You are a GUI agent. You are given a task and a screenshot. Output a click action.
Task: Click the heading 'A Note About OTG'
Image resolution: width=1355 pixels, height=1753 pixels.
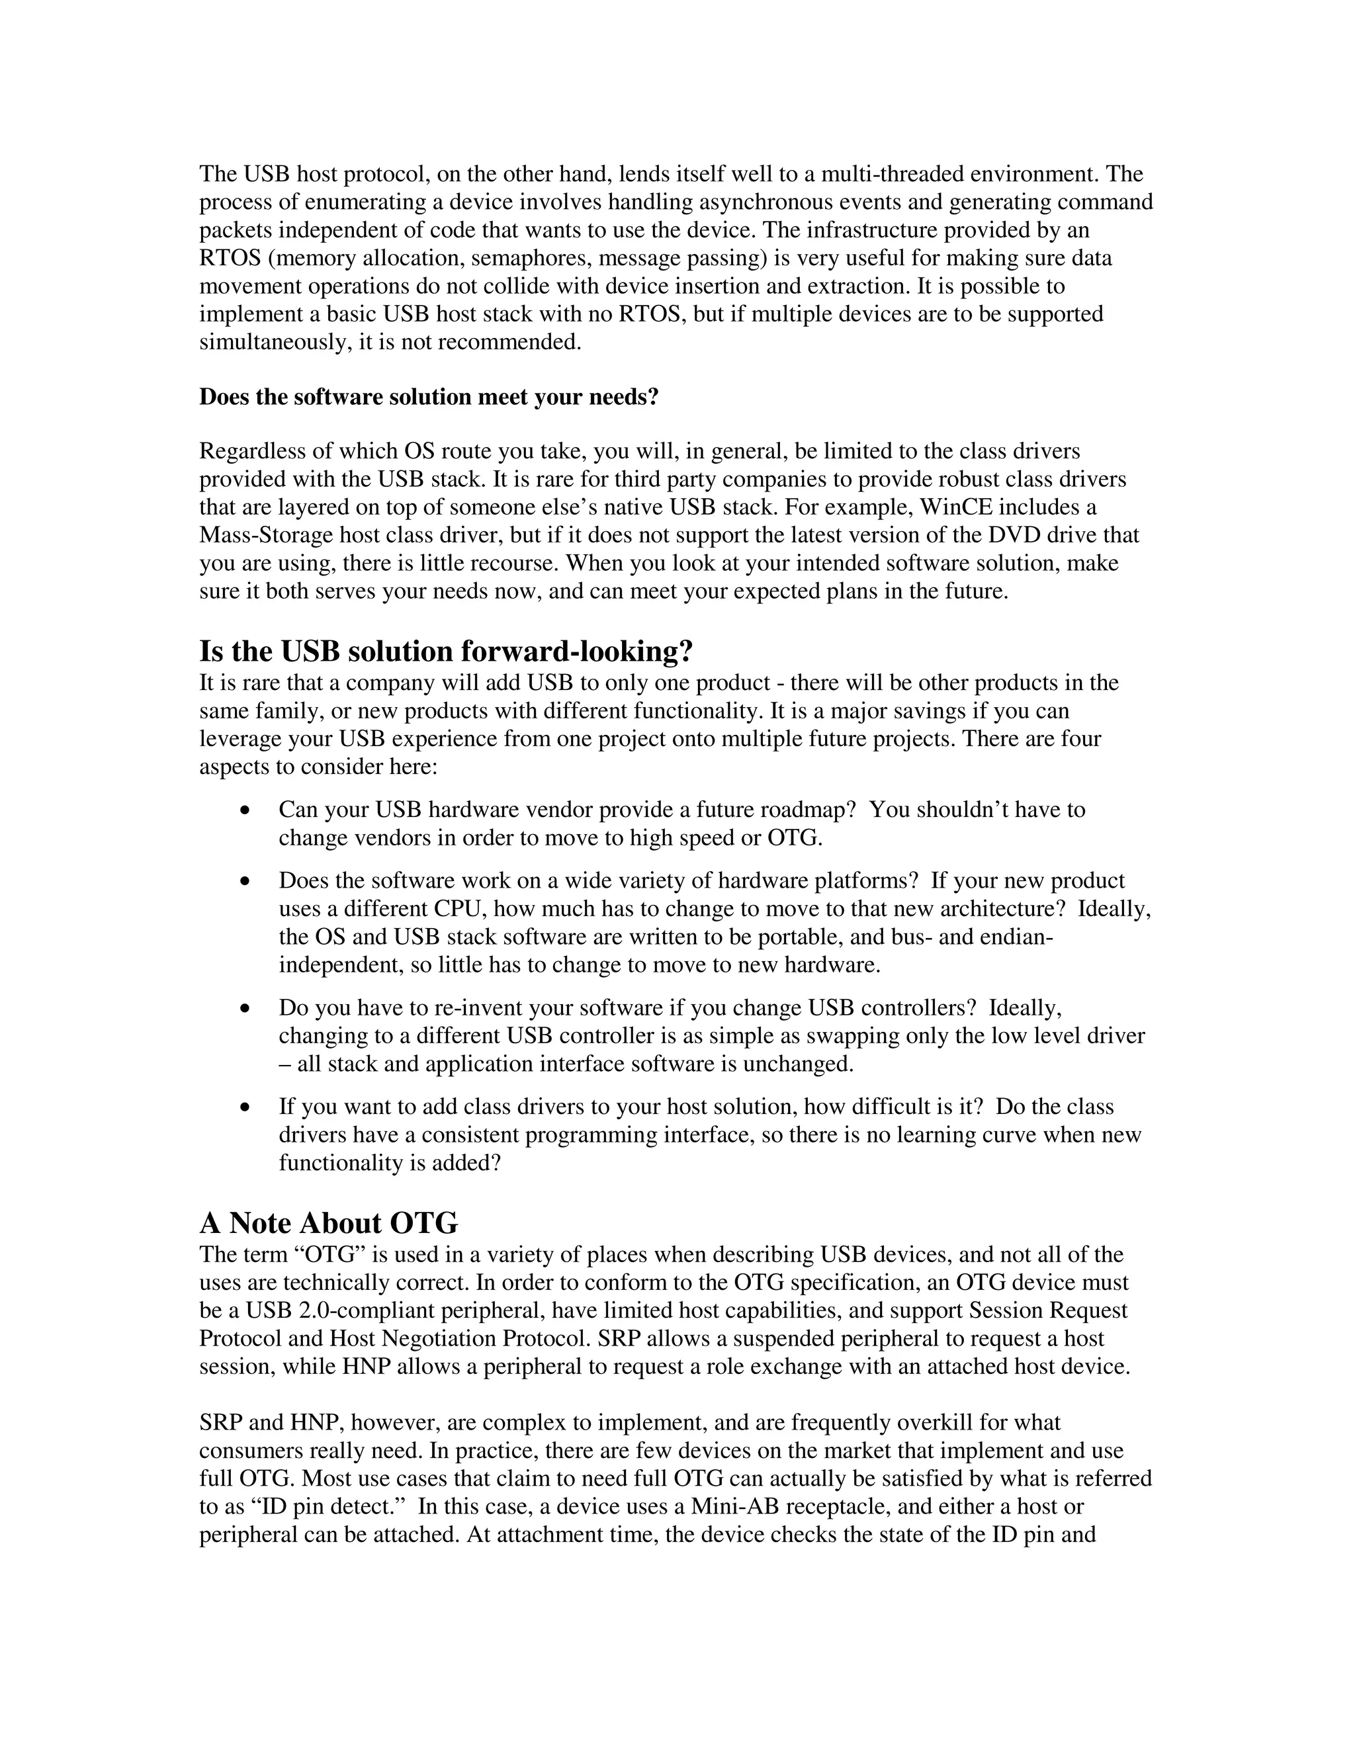(328, 1223)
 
